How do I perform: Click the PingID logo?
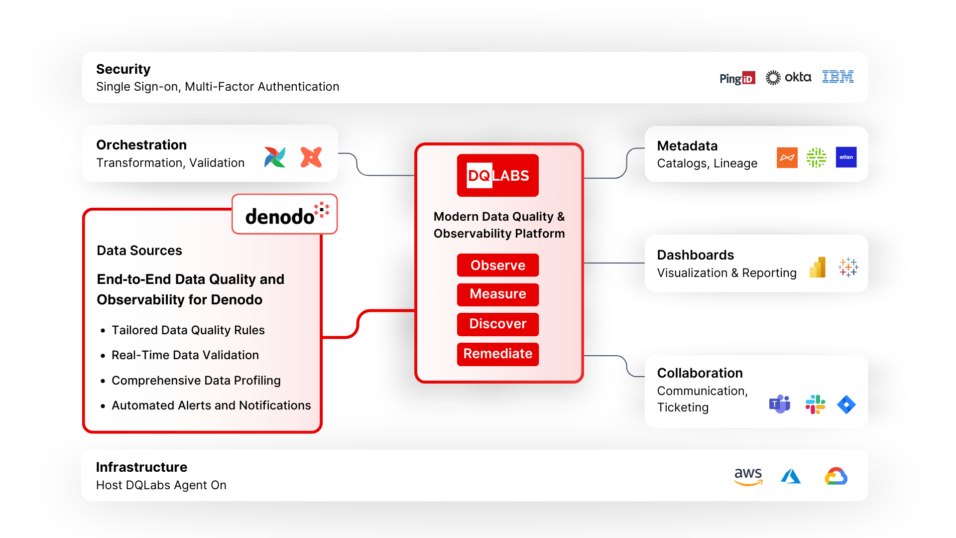(737, 78)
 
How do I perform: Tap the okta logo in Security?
(788, 77)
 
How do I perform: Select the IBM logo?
(837, 77)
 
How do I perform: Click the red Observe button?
(497, 265)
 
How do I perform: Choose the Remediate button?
(497, 354)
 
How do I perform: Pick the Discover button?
(497, 324)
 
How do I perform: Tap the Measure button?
(497, 294)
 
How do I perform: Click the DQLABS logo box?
(497, 175)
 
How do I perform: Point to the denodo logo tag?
(284, 214)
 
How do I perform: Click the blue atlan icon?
(846, 157)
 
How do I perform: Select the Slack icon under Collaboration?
(815, 404)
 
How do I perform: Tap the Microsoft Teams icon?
(780, 404)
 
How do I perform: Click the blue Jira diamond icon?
(846, 404)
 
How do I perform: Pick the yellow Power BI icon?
(818, 268)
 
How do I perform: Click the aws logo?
(748, 476)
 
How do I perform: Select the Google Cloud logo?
(836, 476)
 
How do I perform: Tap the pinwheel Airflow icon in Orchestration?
(275, 157)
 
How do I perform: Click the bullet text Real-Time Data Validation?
(185, 355)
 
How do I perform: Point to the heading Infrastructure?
(141, 467)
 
